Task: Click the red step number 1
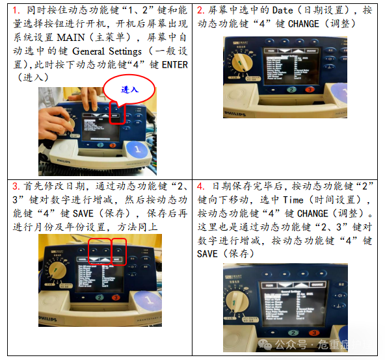pyautogui.click(x=16, y=10)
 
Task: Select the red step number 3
pyautogui.click(x=16, y=186)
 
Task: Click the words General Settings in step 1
pyautogui.click(x=107, y=51)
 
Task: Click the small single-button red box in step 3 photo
pyautogui.click(x=118, y=251)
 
